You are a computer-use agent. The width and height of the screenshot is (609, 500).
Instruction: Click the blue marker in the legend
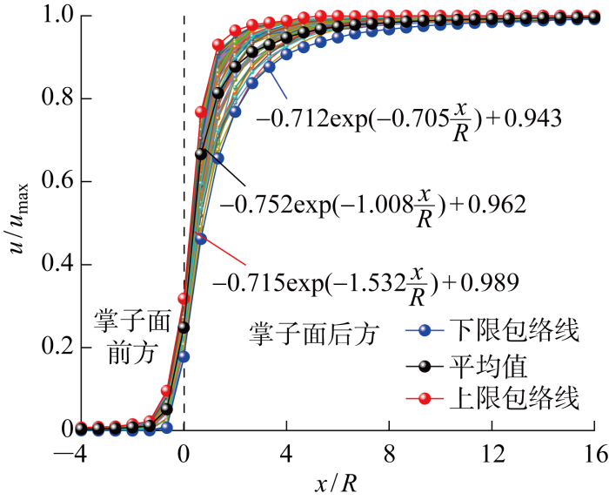(425, 331)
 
